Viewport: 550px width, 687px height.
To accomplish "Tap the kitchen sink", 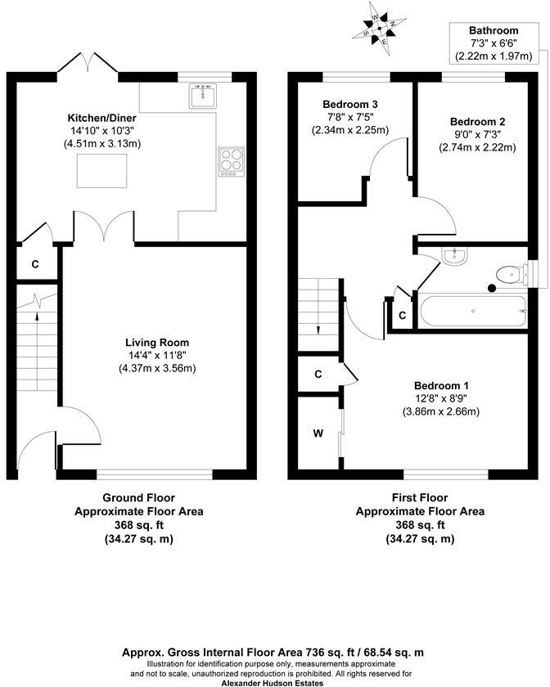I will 201,98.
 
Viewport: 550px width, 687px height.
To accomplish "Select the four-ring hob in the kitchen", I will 231,160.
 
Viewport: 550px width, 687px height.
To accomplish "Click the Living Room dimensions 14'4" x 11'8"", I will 157,356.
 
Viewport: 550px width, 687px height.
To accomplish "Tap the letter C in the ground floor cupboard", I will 34,264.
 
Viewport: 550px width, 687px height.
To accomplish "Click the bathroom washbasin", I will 453,257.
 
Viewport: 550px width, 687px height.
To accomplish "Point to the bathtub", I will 472,312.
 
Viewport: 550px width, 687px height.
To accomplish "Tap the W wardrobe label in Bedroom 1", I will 317,433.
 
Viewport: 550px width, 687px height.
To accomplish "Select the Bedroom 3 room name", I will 350,104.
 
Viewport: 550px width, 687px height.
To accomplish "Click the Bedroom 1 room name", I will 442,385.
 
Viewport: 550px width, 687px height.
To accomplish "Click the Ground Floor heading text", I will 138,497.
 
